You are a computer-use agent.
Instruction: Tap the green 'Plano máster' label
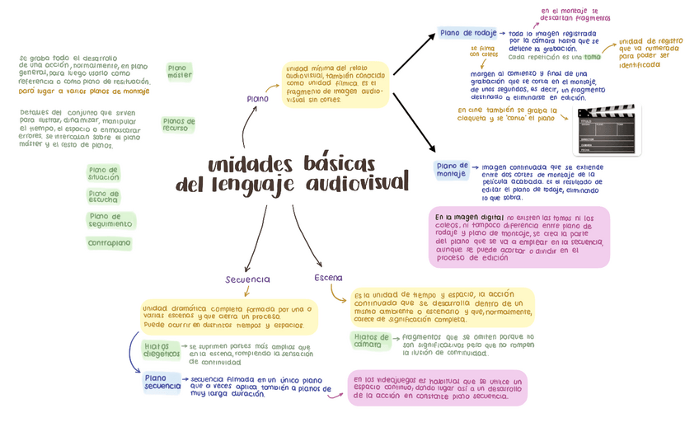[x=179, y=71]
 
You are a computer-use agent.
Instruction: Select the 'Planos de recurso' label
[x=178, y=124]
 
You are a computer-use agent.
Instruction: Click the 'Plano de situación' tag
[x=104, y=173]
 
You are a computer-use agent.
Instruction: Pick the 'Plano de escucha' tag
[x=103, y=196]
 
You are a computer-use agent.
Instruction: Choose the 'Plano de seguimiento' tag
[x=110, y=220]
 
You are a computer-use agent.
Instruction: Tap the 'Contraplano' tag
[x=109, y=243]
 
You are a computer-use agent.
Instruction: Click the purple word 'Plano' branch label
[x=257, y=99]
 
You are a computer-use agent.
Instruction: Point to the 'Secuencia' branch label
[x=248, y=279]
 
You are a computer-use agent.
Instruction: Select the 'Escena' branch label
[x=327, y=278]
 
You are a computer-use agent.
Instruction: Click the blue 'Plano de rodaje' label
[x=467, y=33]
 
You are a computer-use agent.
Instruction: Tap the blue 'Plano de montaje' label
[x=452, y=169]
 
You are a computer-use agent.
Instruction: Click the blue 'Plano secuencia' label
[x=162, y=382]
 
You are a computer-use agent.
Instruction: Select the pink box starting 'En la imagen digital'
[x=519, y=237]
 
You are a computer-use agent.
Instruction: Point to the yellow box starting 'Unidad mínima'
[x=335, y=85]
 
